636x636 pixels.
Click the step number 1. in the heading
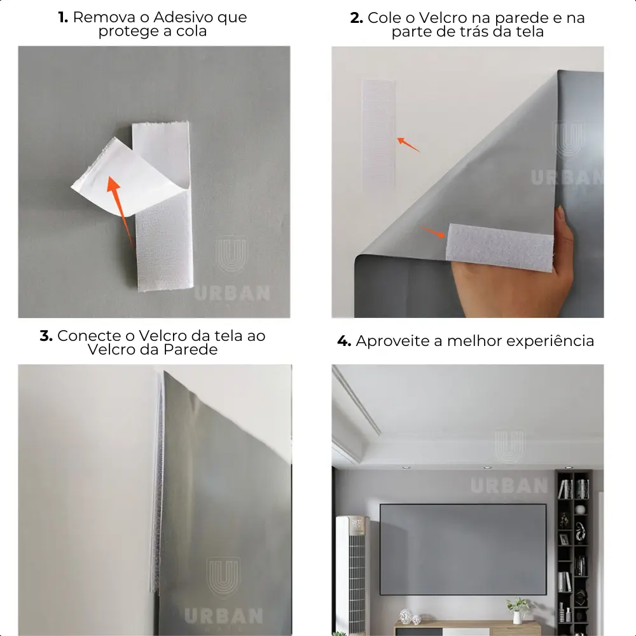click(x=63, y=17)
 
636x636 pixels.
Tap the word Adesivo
click(x=184, y=17)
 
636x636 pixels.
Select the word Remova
click(x=104, y=17)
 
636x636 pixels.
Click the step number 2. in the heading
click(x=356, y=18)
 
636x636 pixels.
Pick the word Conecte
click(x=89, y=336)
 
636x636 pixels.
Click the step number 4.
click(x=344, y=341)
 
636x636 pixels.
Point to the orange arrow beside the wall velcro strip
click(x=408, y=144)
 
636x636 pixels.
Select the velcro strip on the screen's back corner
click(x=499, y=247)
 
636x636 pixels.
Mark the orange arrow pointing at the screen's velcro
click(x=433, y=232)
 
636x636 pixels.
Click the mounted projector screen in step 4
click(x=463, y=550)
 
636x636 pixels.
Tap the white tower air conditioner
click(x=352, y=574)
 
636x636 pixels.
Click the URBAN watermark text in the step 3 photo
click(x=223, y=616)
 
